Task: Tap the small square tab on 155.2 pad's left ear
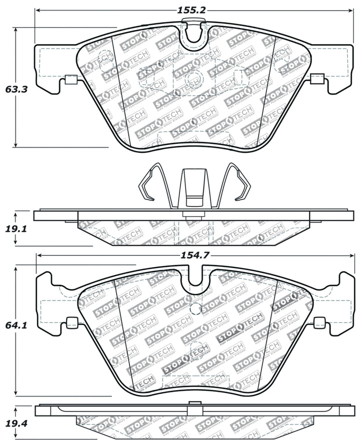[x=70, y=79]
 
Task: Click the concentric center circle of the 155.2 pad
[x=192, y=79]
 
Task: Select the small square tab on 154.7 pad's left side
[x=71, y=322]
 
